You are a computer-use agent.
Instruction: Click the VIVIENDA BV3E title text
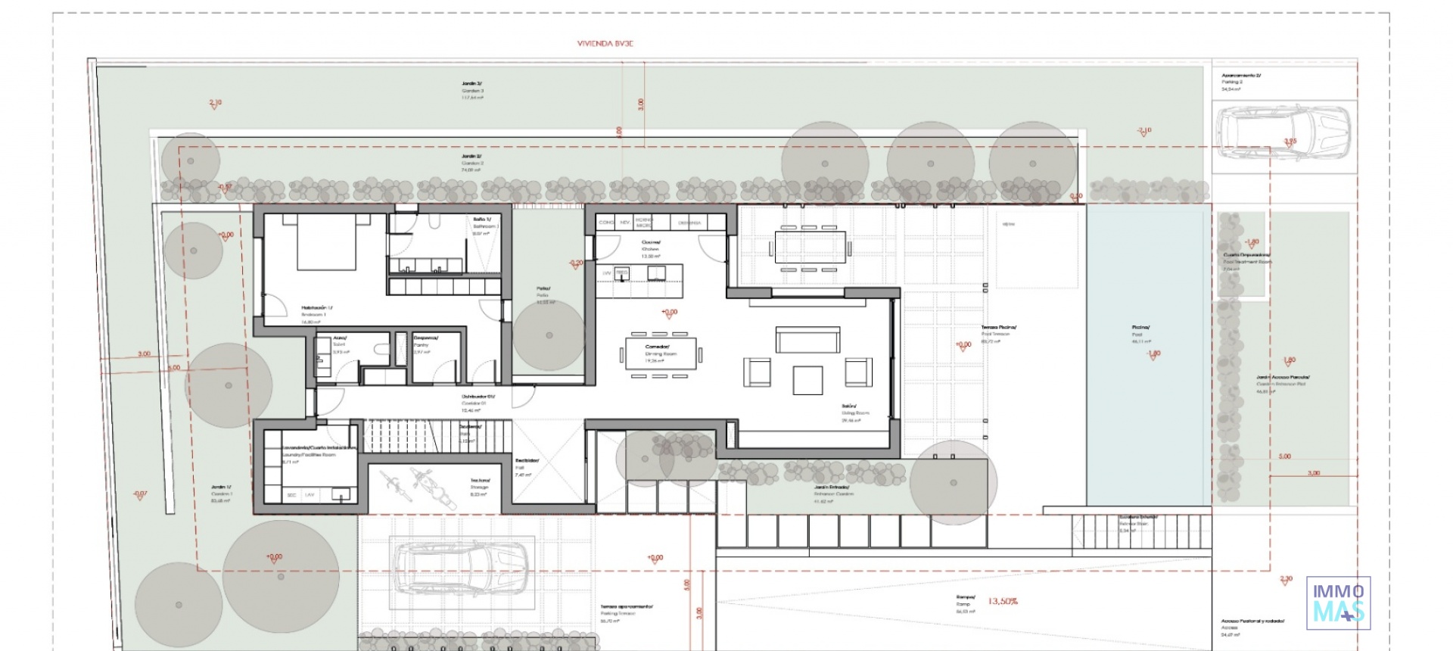click(605, 44)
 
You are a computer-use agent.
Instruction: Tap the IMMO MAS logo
click(1338, 603)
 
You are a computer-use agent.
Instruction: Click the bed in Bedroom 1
click(326, 241)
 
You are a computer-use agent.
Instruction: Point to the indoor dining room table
click(661, 354)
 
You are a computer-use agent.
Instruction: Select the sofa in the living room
click(807, 339)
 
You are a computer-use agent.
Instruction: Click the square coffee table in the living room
click(807, 380)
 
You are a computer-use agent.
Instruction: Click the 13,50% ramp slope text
click(1003, 601)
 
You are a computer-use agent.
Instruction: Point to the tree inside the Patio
click(549, 335)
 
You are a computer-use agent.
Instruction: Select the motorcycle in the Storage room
click(424, 483)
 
